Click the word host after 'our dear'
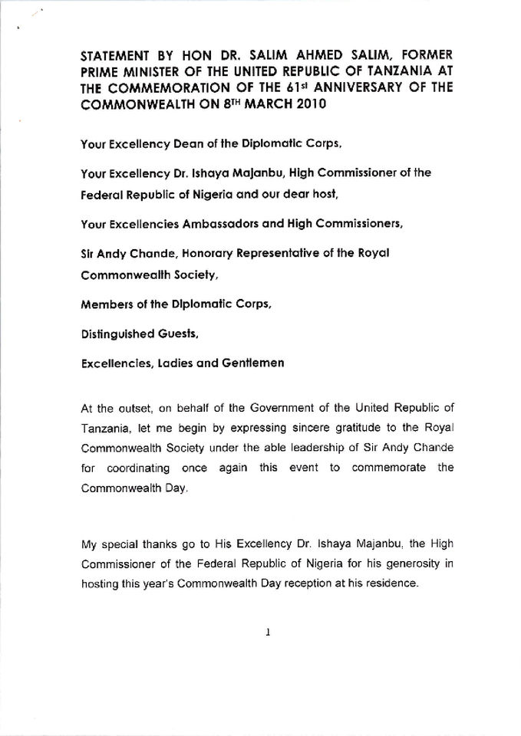pos(320,195)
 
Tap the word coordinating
pos(132,467)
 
